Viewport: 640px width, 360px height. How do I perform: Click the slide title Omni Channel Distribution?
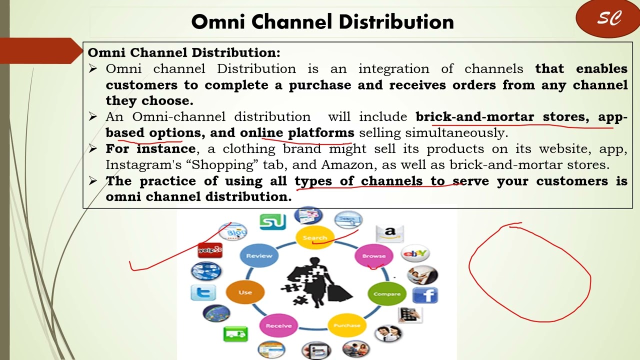pos(322,22)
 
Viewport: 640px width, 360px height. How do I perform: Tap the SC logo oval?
pos(608,19)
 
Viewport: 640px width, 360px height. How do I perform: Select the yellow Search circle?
pos(314,237)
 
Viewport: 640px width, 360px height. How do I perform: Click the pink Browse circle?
pos(373,255)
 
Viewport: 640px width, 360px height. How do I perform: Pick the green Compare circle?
pos(387,293)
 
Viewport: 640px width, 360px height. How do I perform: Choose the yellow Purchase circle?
pos(346,325)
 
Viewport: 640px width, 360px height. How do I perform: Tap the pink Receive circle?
pos(278,325)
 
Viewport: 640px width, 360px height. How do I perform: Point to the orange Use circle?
pos(245,292)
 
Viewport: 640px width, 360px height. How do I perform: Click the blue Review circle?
pos(259,255)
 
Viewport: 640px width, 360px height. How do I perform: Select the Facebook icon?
pos(425,295)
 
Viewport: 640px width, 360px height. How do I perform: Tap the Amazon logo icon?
pos(389,233)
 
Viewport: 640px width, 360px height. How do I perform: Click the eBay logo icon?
pos(415,253)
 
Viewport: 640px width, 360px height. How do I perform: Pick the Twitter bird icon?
pos(203,292)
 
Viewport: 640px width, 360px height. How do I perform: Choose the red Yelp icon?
pos(210,249)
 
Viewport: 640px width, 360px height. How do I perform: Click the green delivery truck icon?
pos(235,333)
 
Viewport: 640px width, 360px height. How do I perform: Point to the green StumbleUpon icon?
pos(272,221)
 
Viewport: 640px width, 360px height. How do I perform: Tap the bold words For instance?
pos(150,148)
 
